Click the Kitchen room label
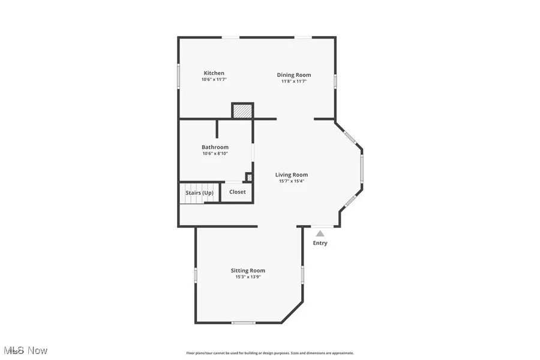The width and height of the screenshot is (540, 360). click(x=214, y=73)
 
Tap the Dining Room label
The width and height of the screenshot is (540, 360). click(x=294, y=75)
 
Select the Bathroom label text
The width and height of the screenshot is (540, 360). click(x=215, y=147)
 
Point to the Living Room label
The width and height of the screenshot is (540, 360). click(x=292, y=175)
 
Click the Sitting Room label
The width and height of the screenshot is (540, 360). click(x=248, y=271)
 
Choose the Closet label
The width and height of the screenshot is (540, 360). click(x=238, y=192)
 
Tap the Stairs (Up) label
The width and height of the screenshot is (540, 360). click(x=199, y=193)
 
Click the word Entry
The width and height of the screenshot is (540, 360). click(x=320, y=243)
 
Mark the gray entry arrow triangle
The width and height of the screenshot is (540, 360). click(x=320, y=233)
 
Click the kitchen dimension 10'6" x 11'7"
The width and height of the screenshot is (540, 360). click(x=214, y=80)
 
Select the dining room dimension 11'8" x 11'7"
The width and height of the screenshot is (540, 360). click(x=294, y=82)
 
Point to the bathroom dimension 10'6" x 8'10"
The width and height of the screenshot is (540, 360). click(x=215, y=154)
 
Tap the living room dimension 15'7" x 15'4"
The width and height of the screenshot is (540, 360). click(x=292, y=181)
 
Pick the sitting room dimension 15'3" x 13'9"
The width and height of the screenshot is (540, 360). click(x=248, y=277)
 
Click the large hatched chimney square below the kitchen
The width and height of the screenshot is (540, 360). click(x=242, y=112)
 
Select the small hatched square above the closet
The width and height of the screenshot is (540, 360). click(x=249, y=177)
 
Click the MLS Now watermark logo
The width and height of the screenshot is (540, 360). click(x=25, y=350)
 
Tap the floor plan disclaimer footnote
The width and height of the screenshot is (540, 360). click(x=270, y=353)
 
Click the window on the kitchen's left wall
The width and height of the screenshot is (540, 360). click(x=178, y=77)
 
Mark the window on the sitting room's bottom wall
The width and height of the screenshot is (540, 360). click(x=244, y=323)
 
